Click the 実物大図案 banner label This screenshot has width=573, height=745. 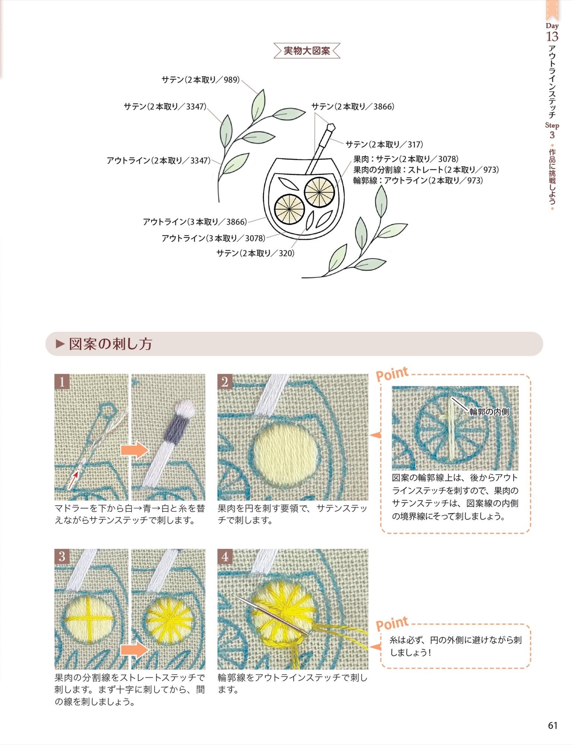point(307,51)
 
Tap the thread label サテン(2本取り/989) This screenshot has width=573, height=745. point(201,80)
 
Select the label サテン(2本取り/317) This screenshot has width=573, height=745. point(384,145)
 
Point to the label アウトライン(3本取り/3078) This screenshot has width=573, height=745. point(213,238)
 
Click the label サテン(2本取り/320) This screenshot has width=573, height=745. point(256,253)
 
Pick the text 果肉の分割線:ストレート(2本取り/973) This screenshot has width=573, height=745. point(426,170)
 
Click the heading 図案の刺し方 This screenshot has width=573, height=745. point(111,344)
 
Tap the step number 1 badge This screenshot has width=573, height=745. point(62,381)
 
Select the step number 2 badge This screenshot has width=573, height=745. point(225,381)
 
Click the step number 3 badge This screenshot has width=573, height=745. point(62,556)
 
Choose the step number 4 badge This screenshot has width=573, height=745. point(225,556)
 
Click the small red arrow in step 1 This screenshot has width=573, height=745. point(73,480)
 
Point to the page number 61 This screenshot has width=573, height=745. point(553,725)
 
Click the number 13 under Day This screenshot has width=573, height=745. point(552,37)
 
